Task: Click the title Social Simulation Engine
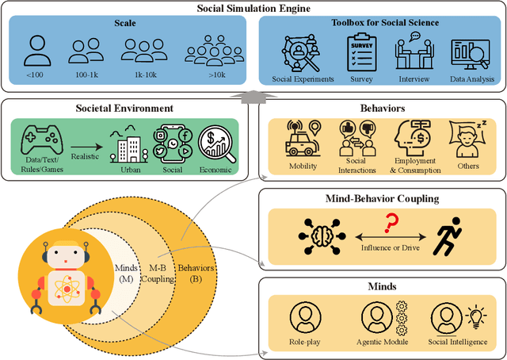pyautogui.click(x=253, y=8)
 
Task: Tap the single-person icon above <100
pyautogui.click(x=36, y=50)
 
